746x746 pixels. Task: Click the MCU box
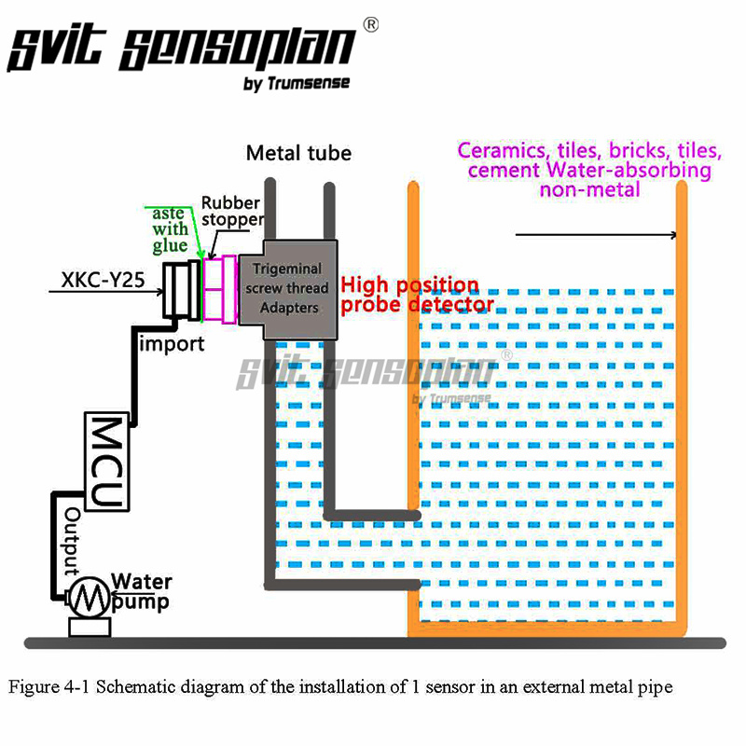(x=106, y=461)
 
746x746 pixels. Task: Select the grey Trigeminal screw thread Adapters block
(x=288, y=288)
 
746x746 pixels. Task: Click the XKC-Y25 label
(x=103, y=278)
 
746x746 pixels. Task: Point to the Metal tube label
(x=298, y=153)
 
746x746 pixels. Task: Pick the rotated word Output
(x=73, y=538)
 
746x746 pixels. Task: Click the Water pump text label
(x=142, y=592)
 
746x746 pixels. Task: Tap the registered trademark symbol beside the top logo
(x=370, y=26)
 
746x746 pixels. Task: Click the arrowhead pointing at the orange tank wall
(x=670, y=235)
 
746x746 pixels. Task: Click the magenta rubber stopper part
(x=221, y=289)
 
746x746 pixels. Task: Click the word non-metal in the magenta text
(x=589, y=189)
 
